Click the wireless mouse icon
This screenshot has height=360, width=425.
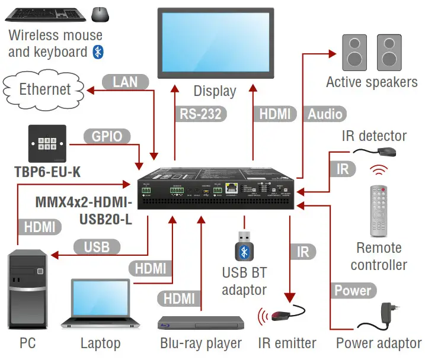click(x=100, y=13)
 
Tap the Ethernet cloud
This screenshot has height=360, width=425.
click(x=45, y=89)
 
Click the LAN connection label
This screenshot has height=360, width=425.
click(x=125, y=81)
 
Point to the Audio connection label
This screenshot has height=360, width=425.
click(x=325, y=114)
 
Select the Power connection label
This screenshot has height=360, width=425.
click(x=352, y=291)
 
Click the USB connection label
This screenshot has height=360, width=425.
click(x=96, y=247)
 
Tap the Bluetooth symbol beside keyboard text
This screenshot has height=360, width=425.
click(x=98, y=52)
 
